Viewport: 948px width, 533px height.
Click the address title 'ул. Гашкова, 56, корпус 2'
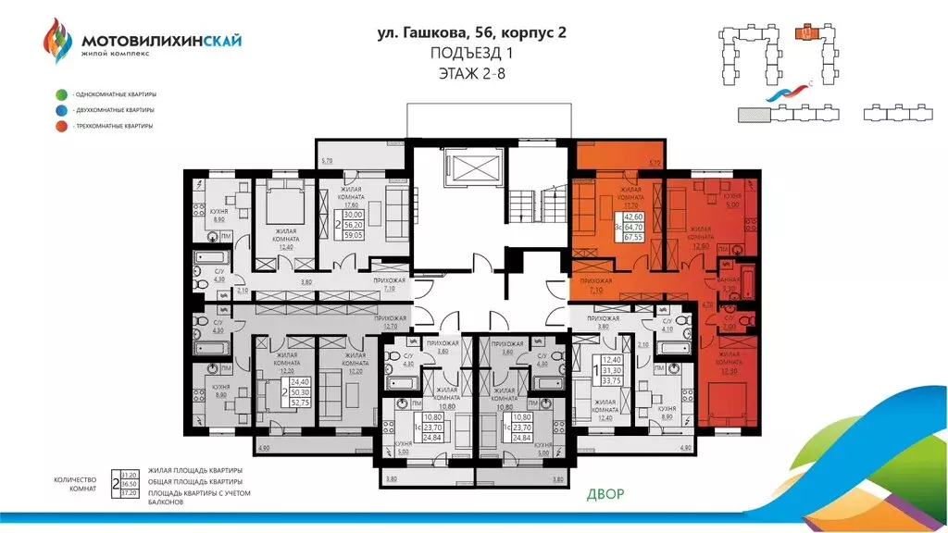click(472, 34)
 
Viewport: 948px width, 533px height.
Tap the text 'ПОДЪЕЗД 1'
click(472, 55)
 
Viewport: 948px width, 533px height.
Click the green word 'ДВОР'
click(605, 494)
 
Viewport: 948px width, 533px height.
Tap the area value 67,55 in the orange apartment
click(633, 236)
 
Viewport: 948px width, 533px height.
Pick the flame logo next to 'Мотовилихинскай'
click(56, 43)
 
